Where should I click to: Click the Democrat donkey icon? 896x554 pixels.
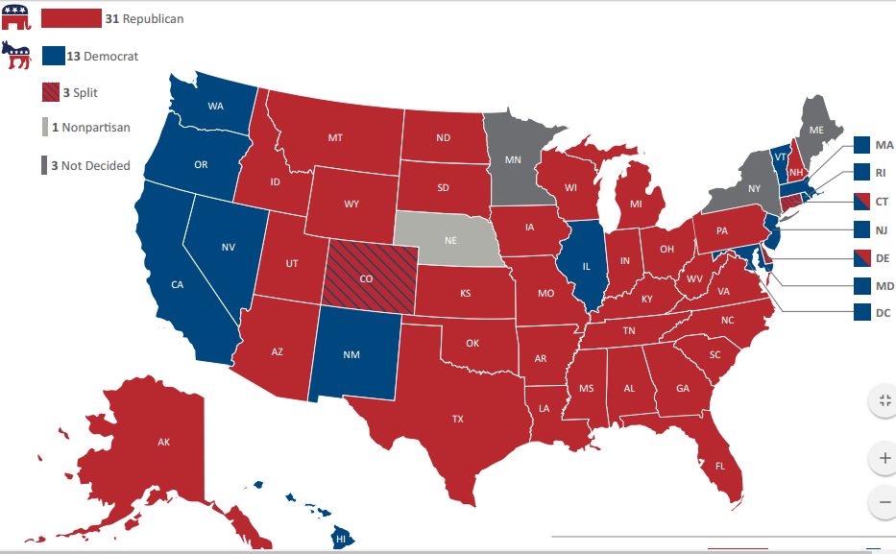(x=17, y=56)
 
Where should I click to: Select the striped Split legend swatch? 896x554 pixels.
(x=50, y=93)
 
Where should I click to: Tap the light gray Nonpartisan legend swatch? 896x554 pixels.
(x=44, y=127)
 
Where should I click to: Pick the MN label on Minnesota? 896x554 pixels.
(x=514, y=158)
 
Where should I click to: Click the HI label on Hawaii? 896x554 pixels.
(x=340, y=541)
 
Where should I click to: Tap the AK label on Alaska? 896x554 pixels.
(x=163, y=443)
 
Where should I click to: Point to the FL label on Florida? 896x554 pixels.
(x=720, y=466)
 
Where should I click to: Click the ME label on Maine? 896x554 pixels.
(x=816, y=129)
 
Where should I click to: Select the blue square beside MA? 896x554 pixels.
(x=862, y=146)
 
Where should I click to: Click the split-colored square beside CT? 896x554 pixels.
(x=862, y=202)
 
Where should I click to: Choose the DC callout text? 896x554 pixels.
(x=884, y=312)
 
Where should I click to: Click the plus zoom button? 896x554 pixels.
(x=884, y=459)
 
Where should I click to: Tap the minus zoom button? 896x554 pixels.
(x=884, y=501)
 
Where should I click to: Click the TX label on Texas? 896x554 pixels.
(x=458, y=419)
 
